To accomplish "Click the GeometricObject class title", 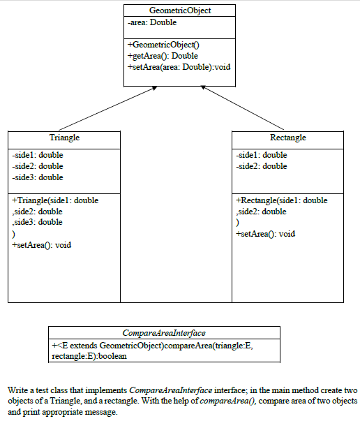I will point(180,10).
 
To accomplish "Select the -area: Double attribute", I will point(152,23).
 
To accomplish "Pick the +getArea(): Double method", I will point(163,56).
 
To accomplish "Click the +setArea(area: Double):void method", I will point(179,67).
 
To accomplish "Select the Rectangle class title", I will point(287,138).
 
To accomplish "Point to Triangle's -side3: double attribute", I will point(38,177).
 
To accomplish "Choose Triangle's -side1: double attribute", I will point(38,155).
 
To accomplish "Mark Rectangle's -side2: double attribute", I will point(262,166).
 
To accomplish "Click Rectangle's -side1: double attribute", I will point(262,155).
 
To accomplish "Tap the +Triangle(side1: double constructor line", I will point(55,200).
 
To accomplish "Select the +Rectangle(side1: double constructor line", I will point(281,200).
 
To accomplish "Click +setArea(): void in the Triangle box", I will point(42,245).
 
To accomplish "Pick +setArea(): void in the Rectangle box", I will point(266,234).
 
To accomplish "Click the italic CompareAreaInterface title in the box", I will point(164,333).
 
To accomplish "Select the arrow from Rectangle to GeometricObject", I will point(247,108).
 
